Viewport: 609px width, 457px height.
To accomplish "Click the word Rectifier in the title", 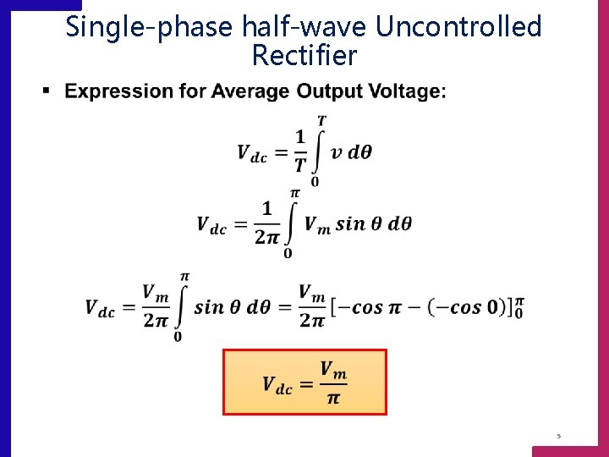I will pyautogui.click(x=304, y=56).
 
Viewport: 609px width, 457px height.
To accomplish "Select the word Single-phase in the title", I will pyautogui.click(x=148, y=27).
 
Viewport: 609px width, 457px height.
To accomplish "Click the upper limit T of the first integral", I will pyautogui.click(x=321, y=121).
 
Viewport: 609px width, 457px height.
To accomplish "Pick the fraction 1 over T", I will pyautogui.click(x=299, y=151).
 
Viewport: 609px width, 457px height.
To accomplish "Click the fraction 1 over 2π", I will pyautogui.click(x=266, y=223).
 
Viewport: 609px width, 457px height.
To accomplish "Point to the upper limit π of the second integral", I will pyautogui.click(x=294, y=194).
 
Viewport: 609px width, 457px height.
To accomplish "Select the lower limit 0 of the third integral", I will pyautogui.click(x=178, y=337).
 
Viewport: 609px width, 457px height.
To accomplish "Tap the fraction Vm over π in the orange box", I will pyautogui.click(x=333, y=383).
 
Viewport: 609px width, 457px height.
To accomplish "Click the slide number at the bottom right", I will pyautogui.click(x=558, y=436).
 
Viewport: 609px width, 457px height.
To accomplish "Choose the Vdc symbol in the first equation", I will pyautogui.click(x=252, y=153).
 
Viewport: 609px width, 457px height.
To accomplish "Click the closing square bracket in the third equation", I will pyautogui.click(x=508, y=306).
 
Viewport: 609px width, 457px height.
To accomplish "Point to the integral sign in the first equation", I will pyautogui.click(x=318, y=151).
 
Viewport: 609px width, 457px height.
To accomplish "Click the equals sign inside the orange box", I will pyautogui.click(x=305, y=383).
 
